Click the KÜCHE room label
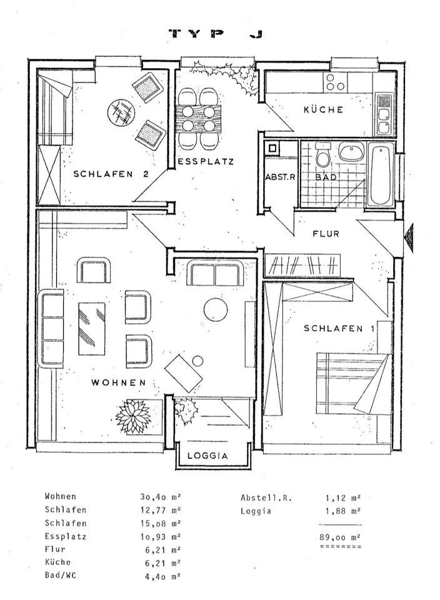click(323, 110)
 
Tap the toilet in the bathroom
click(323, 155)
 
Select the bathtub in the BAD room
click(380, 174)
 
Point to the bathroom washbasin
click(352, 152)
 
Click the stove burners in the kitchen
click(335, 82)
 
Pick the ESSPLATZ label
click(206, 162)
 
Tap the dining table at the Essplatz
click(198, 119)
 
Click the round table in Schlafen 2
click(121, 112)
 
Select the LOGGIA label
click(207, 456)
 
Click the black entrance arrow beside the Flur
click(409, 238)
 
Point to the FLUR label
click(326, 233)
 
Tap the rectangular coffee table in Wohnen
click(92, 329)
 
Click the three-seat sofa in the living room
click(51, 329)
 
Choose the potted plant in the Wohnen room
click(132, 416)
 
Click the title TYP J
click(216, 34)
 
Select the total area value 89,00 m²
click(340, 537)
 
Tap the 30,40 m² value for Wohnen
click(160, 497)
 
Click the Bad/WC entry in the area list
click(61, 575)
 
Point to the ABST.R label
click(281, 177)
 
